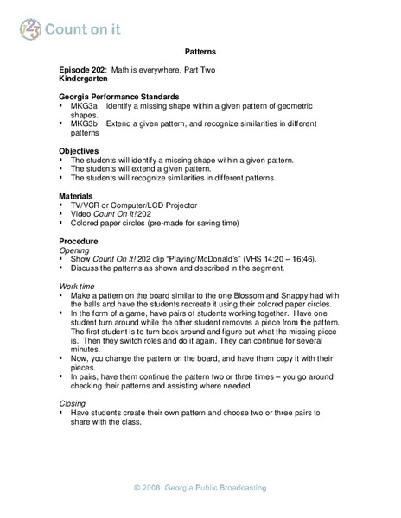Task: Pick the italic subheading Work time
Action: tap(77, 284)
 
